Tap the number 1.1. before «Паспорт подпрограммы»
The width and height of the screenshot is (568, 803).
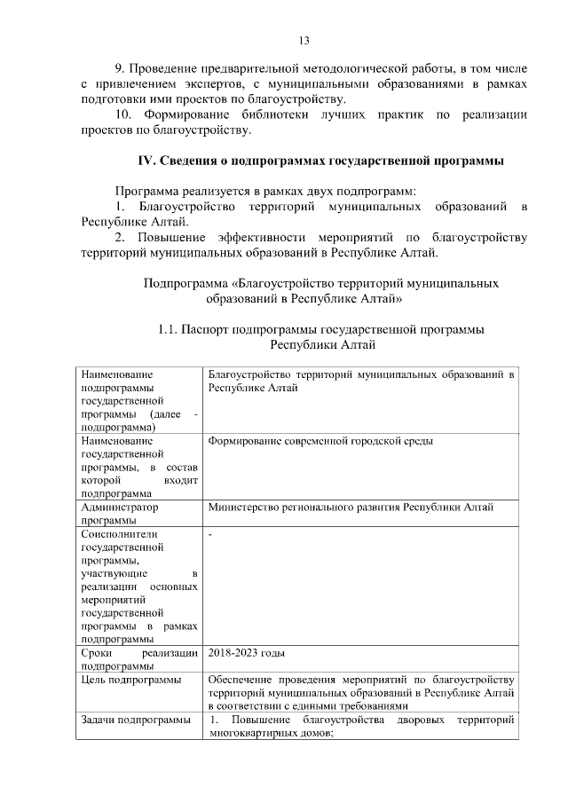(x=169, y=329)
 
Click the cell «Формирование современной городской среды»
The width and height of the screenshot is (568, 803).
(x=320, y=440)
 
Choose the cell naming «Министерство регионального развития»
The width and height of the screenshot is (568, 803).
(x=351, y=508)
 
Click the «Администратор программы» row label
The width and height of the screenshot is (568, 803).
(x=119, y=514)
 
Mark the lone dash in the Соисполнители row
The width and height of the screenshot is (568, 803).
(x=209, y=536)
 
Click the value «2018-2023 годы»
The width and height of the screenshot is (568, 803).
(x=246, y=654)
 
